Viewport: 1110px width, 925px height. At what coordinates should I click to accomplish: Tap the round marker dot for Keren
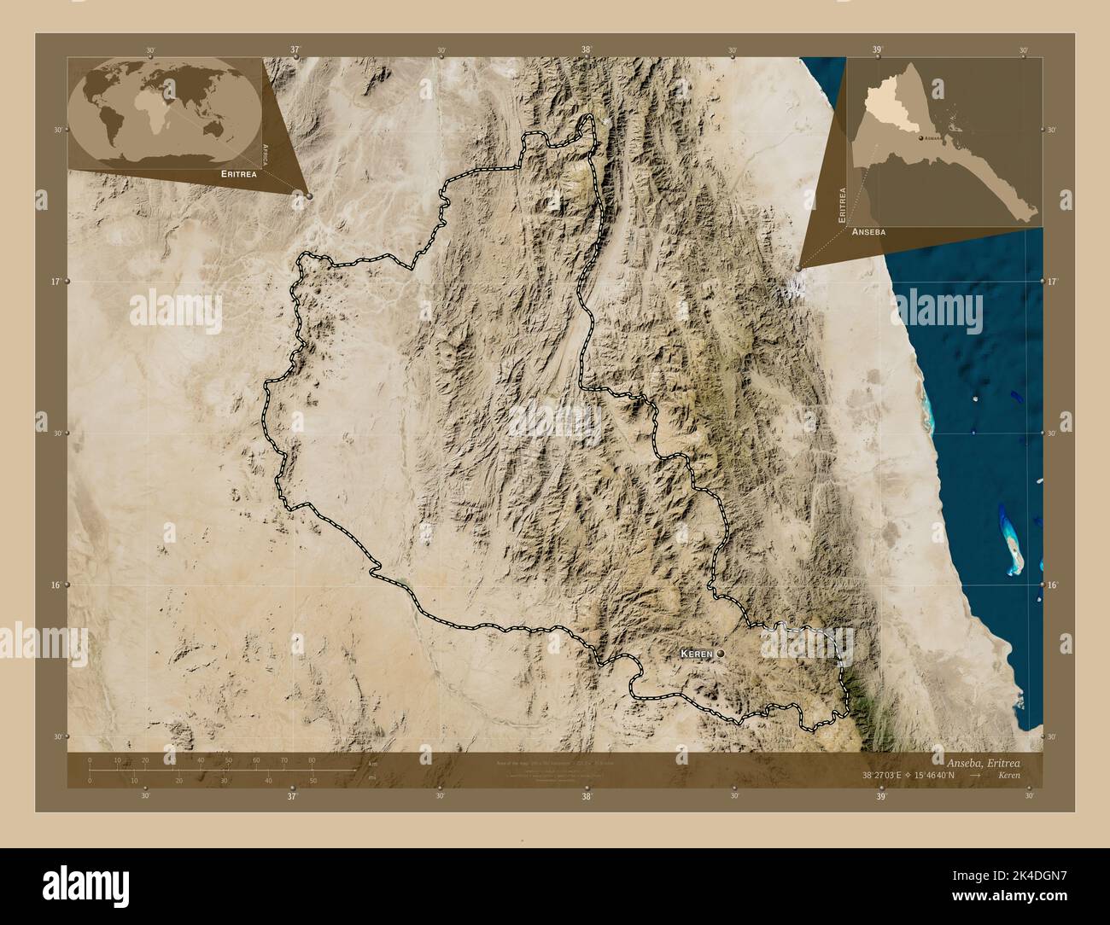point(721,653)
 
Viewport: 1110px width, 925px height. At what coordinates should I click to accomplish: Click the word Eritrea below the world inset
point(238,173)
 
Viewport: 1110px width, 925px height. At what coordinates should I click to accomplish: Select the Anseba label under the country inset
point(868,231)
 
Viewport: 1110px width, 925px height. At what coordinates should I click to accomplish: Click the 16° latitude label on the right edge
point(1052,585)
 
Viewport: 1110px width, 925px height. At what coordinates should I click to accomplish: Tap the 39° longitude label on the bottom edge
point(880,797)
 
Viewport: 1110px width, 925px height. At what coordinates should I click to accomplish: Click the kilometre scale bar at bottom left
point(201,770)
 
